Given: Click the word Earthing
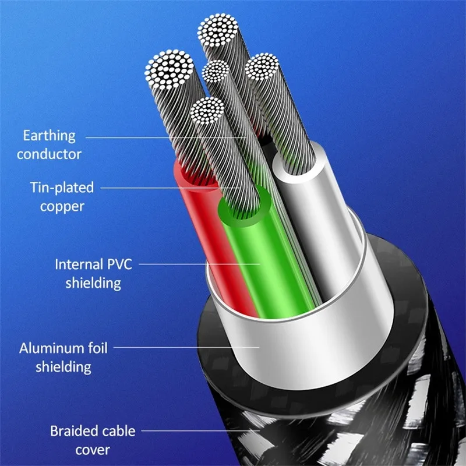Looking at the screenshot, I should pyautogui.click(x=49, y=137).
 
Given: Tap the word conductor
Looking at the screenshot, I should pyautogui.click(x=49, y=154).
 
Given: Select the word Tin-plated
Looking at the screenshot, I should pyautogui.click(x=61, y=188).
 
